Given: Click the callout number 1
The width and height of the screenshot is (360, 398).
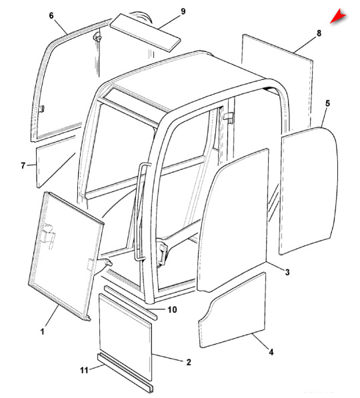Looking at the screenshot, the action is click(43, 331).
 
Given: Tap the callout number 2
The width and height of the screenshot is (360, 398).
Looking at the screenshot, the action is click(189, 362).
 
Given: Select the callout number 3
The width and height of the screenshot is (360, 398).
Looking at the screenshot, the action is click(287, 273).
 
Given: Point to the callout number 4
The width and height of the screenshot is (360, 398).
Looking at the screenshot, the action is click(271, 352).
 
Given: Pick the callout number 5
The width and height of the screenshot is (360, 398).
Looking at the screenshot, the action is click(327, 103).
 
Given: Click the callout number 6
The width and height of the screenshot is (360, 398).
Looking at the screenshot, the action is click(51, 16).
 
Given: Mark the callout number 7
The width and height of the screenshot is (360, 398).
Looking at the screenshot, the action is click(23, 166).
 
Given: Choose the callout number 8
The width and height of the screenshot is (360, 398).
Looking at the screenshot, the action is click(319, 33).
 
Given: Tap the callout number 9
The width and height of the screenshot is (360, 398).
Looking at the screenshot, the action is click(183, 11).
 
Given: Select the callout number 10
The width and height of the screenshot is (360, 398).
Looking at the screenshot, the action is click(172, 310).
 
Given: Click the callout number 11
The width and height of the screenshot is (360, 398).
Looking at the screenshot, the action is click(84, 370).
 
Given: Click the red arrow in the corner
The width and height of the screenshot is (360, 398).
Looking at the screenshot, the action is click(338, 16).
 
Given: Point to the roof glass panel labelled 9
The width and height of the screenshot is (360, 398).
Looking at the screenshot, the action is click(145, 33).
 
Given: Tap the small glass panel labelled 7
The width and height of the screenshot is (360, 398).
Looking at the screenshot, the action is click(56, 162).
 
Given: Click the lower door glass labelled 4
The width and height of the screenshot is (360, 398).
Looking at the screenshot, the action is click(232, 310).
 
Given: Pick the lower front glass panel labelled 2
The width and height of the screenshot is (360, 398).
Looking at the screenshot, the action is click(125, 337).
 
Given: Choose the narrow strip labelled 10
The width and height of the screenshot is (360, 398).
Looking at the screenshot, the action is click(131, 303).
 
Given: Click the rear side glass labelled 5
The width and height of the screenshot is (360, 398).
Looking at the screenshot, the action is click(309, 191).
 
